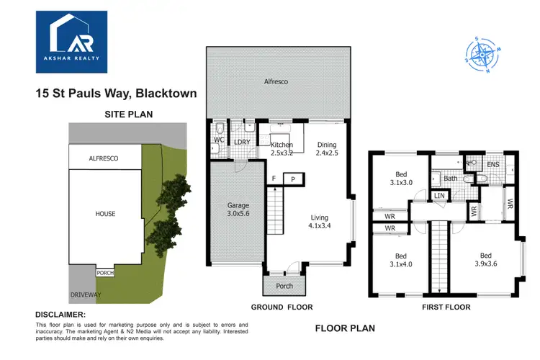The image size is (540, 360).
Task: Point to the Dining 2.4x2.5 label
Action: click(x=326, y=149)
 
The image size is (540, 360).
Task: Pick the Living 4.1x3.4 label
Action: click(x=320, y=222)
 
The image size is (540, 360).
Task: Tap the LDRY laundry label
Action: click(x=242, y=142)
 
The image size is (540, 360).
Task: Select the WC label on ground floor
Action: click(x=220, y=138)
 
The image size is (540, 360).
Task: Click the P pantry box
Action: click(x=293, y=179)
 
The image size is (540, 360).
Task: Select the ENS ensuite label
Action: click(x=492, y=165)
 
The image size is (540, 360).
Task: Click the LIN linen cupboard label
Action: click(x=439, y=195)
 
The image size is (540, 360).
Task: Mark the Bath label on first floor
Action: click(x=450, y=178)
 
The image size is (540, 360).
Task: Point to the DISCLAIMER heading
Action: click(x=60, y=315)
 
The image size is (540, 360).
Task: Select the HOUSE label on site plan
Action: click(x=105, y=214)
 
